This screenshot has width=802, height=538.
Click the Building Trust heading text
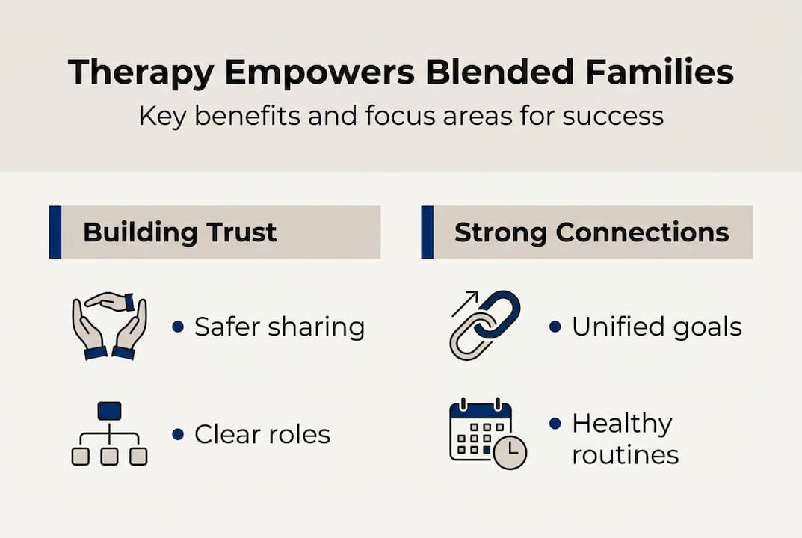pos(179,232)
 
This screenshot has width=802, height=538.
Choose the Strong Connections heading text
pos(591,232)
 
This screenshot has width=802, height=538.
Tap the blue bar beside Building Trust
pos(55,232)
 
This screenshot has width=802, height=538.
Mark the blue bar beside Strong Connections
pos(427,232)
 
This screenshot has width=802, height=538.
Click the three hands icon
pos(109,326)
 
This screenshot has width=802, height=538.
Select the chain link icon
pos(487,326)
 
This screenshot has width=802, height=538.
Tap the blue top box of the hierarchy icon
pos(109,410)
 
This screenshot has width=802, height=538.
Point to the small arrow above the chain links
pos(463,303)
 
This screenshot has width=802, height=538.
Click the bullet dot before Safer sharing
pos(177,327)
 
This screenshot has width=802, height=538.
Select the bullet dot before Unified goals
pos(555,327)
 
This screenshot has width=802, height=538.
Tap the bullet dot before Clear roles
pos(177,433)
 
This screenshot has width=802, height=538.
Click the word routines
pos(625,454)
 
